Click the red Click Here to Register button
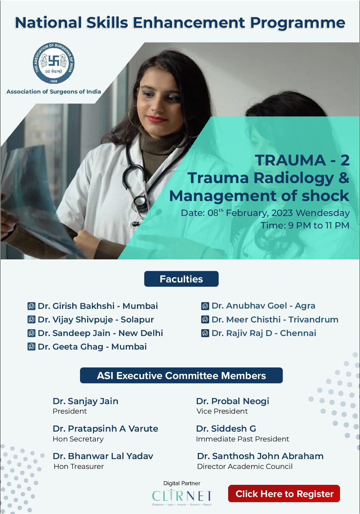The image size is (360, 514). (284, 494)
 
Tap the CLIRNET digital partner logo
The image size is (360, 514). (182, 496)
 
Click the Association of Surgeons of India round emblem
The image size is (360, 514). (54, 63)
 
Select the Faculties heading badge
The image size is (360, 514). (181, 279)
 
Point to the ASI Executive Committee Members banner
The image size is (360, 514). (181, 376)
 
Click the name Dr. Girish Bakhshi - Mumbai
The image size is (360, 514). (98, 306)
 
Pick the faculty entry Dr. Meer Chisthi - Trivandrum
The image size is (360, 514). (275, 319)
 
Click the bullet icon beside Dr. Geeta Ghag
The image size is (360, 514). (31, 347)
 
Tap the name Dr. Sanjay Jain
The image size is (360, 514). (85, 401)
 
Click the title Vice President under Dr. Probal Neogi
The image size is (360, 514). (222, 411)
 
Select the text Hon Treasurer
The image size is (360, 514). (79, 467)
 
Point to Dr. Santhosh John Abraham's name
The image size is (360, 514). (260, 456)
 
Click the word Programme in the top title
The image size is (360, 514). (297, 23)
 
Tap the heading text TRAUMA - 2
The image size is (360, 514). (302, 160)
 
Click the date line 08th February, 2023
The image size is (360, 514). (265, 213)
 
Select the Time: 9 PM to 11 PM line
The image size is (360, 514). (305, 225)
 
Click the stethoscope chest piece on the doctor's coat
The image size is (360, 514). (140, 202)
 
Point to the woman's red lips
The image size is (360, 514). (157, 119)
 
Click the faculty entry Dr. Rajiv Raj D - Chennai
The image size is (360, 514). (263, 333)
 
